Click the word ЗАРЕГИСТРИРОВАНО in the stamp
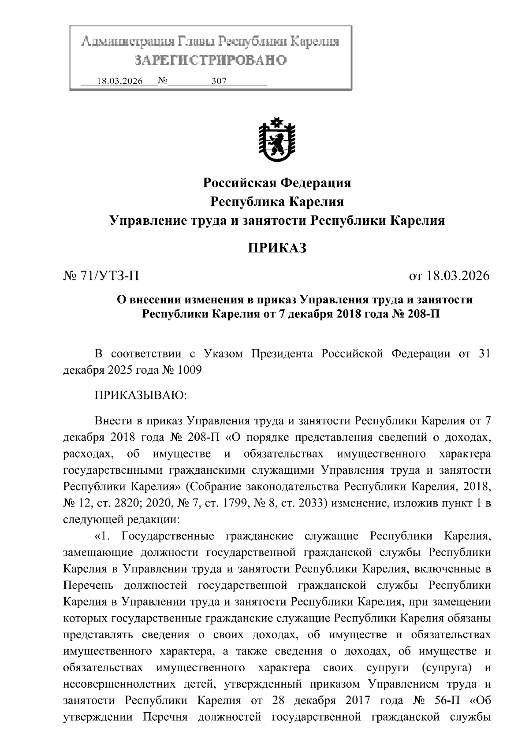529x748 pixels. (x=210, y=60)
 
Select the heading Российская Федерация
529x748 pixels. (x=277, y=182)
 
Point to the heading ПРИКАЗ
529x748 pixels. (x=277, y=248)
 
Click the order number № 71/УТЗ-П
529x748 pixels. (x=101, y=276)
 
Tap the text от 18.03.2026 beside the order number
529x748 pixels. (x=449, y=276)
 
